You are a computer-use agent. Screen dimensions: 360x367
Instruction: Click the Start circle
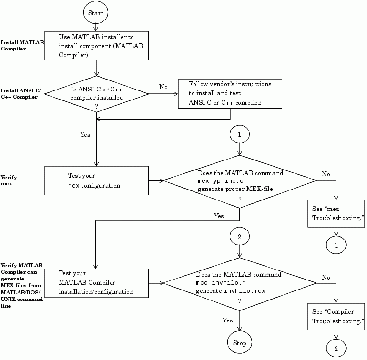click(x=96, y=13)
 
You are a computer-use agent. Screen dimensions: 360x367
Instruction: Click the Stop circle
click(x=239, y=343)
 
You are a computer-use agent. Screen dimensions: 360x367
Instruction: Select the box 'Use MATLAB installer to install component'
click(x=96, y=46)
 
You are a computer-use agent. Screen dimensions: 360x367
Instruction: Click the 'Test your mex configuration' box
click(x=96, y=180)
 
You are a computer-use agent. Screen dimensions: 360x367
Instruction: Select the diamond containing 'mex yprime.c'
click(x=240, y=180)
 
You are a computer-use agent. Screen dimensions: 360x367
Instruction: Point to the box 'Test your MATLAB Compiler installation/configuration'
click(x=96, y=282)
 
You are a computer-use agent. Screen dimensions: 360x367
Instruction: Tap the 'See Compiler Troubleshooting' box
click(x=336, y=316)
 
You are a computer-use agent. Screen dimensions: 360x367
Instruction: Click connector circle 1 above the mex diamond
click(x=239, y=135)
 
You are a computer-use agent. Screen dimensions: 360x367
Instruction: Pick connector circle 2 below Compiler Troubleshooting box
click(x=336, y=349)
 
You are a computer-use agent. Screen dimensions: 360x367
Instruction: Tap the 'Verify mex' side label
click(x=10, y=180)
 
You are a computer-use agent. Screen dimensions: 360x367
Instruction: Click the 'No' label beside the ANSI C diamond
click(x=163, y=87)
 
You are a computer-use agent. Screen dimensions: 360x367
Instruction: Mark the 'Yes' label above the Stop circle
click(x=228, y=320)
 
